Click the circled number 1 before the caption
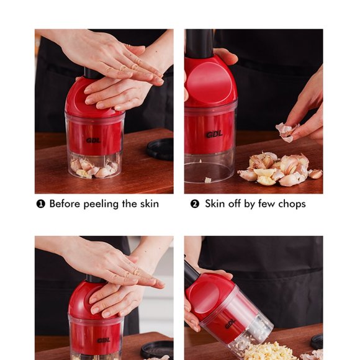[x=41, y=204]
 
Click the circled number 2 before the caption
[x=195, y=204]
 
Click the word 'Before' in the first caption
[x=66, y=204]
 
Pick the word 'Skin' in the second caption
[x=215, y=204]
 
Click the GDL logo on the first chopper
[x=94, y=140]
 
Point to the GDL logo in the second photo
[x=215, y=133]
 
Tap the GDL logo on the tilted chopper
[x=230, y=323]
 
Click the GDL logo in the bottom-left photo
[x=103, y=340]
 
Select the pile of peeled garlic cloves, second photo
[x=275, y=169]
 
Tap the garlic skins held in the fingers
[x=287, y=131]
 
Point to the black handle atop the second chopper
[x=199, y=43]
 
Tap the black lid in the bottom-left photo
[x=157, y=349]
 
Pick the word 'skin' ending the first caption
[x=148, y=204]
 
